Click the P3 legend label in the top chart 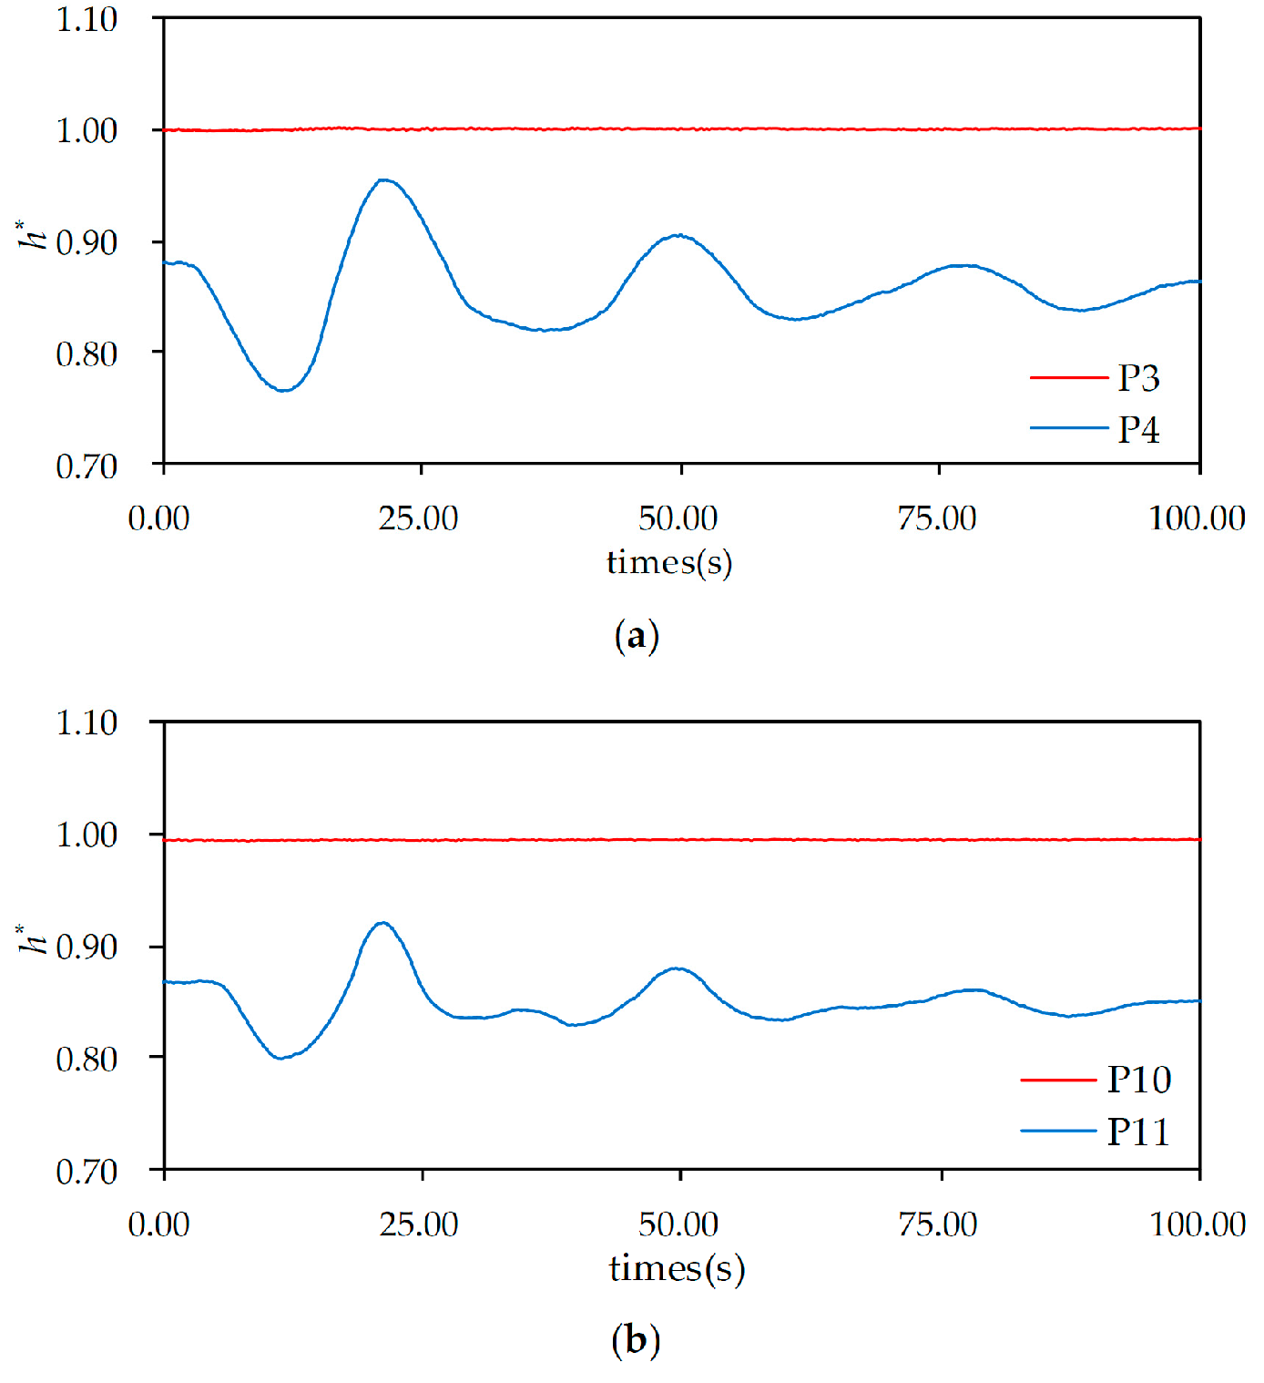click(x=1138, y=378)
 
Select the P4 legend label click(x=1138, y=429)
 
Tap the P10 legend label click(x=1138, y=1080)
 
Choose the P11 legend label click(x=1138, y=1132)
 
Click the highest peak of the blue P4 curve click(x=384, y=180)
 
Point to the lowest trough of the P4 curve click(x=284, y=390)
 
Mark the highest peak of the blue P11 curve click(x=382, y=923)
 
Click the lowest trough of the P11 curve click(x=280, y=1058)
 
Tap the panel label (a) click(x=637, y=635)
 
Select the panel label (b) click(x=636, y=1340)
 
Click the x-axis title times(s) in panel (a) click(x=669, y=562)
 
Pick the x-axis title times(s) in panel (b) click(x=677, y=1267)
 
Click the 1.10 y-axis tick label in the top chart click(x=87, y=19)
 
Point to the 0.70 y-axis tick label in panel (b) click(x=87, y=1171)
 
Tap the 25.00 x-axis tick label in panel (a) click(x=418, y=518)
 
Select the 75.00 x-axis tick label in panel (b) click(x=938, y=1224)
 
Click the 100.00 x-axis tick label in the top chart click(x=1197, y=518)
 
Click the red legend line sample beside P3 click(x=1068, y=377)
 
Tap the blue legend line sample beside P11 click(x=1058, y=1131)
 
